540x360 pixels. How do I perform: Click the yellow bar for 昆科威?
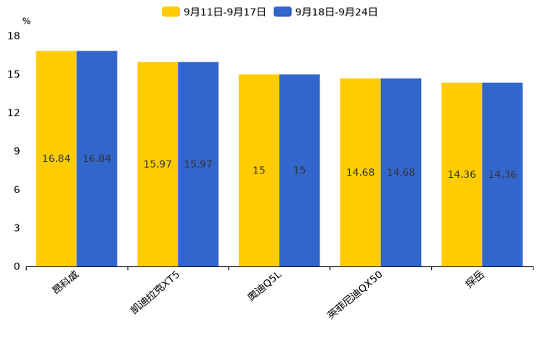[57, 158]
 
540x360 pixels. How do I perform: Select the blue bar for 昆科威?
[97, 158]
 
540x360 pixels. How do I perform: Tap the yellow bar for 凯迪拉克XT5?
[157, 164]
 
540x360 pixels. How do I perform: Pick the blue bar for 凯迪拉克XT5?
[198, 164]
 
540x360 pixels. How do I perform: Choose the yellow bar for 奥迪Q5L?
[259, 170]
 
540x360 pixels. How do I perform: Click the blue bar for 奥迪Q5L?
[300, 170]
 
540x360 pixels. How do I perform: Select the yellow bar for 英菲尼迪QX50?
[360, 172]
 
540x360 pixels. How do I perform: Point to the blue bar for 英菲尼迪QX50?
[401, 172]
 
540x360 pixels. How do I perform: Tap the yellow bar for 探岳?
[462, 174]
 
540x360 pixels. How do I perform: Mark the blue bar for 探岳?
[502, 174]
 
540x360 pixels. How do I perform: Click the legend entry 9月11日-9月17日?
[215, 12]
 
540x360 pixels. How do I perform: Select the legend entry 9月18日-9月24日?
[327, 12]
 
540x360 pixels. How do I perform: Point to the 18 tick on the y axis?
[14, 36]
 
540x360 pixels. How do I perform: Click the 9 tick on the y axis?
[17, 151]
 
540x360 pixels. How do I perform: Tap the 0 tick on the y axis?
[17, 266]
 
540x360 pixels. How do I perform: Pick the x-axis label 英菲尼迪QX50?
[355, 295]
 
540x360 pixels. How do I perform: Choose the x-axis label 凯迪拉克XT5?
[155, 292]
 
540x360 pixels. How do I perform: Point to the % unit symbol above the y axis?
[26, 22]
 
